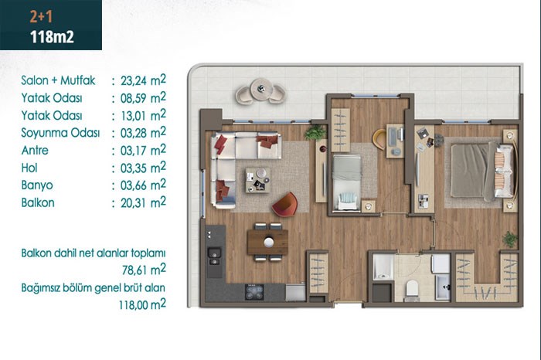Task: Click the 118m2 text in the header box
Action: [52, 36]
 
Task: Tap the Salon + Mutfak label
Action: [58, 80]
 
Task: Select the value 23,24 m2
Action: [143, 80]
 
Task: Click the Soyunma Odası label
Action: [60, 133]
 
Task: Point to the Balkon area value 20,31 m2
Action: [143, 202]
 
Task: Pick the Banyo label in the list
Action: [37, 185]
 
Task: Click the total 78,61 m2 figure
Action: [144, 270]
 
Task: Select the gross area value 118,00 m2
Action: [142, 304]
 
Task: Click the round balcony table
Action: [261, 89]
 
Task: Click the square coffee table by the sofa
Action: [257, 180]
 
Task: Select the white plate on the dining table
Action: [269, 242]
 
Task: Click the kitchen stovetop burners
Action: [254, 292]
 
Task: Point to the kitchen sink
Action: [214, 256]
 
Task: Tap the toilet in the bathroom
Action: [412, 289]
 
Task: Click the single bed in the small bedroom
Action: [346, 182]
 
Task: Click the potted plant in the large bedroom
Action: [509, 239]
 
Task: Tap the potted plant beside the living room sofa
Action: [315, 132]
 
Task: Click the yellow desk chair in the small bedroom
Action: [379, 139]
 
